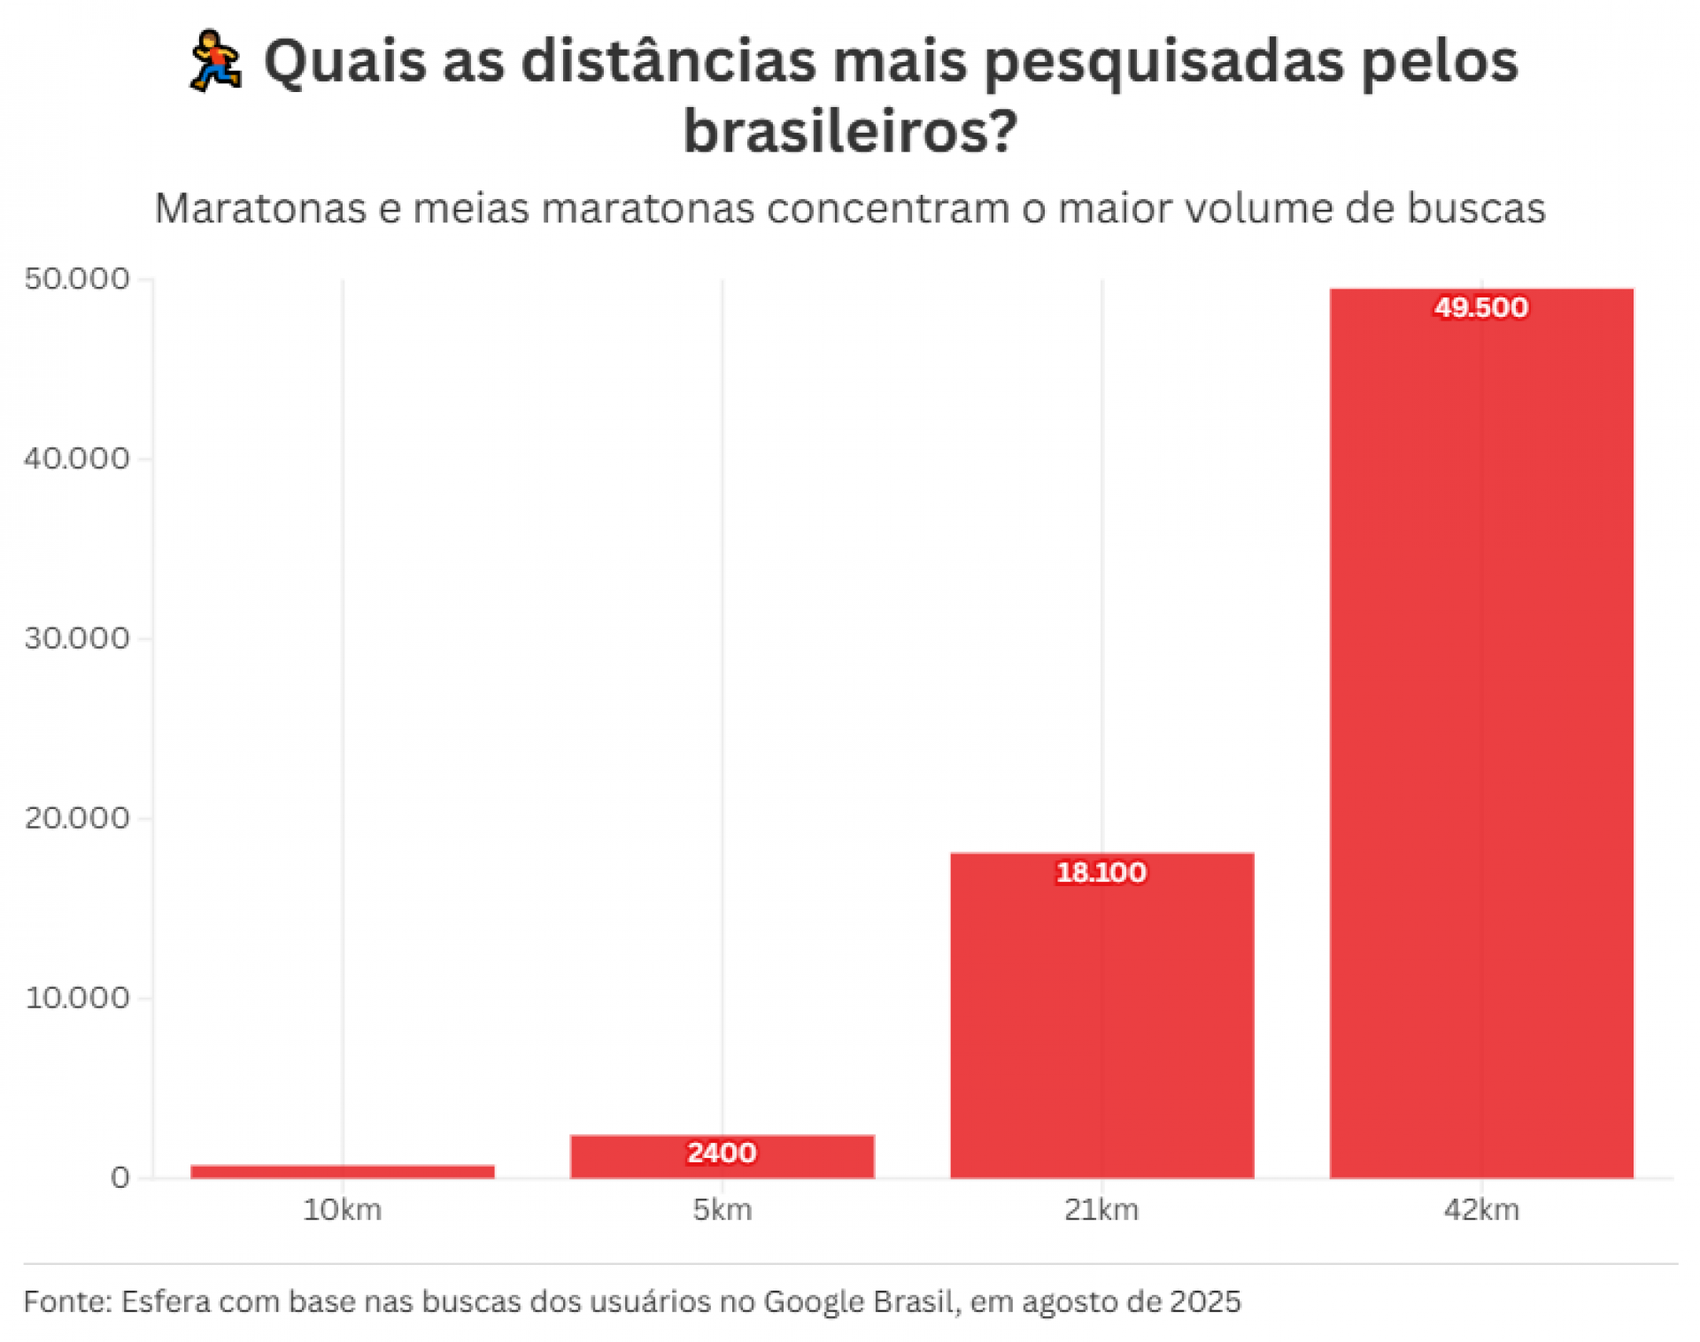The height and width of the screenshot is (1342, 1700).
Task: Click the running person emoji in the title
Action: [x=215, y=62]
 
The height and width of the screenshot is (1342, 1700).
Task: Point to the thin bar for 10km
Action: [x=343, y=1170]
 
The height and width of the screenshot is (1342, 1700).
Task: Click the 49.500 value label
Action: [x=1480, y=307]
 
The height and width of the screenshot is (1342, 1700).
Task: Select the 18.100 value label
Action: [x=1101, y=872]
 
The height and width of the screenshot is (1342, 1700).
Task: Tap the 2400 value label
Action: [x=722, y=1153]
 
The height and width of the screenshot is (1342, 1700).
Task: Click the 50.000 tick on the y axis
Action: [x=77, y=279]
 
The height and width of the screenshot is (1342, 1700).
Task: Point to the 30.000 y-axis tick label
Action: [x=77, y=638]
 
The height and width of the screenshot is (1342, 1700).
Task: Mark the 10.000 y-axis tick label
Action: [x=77, y=998]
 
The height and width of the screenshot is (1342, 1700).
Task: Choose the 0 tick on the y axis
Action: [x=120, y=1177]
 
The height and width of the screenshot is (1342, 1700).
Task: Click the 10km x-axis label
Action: [x=343, y=1209]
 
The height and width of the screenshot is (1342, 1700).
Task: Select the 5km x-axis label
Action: [x=722, y=1209]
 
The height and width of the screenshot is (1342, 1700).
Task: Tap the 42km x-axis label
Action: [x=1480, y=1209]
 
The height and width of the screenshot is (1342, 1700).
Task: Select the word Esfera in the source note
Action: [x=165, y=1301]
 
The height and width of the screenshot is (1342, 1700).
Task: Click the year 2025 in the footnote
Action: [x=1205, y=1301]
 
